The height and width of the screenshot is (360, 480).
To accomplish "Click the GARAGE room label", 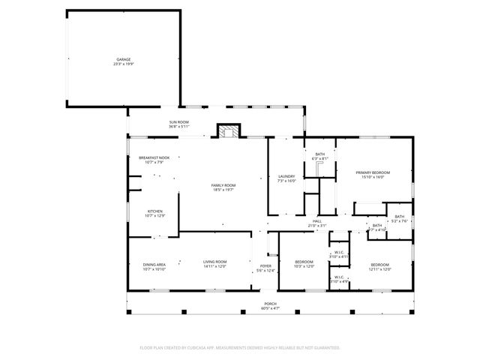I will click(x=123, y=58).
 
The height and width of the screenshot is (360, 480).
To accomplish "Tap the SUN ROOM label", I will click(x=178, y=122).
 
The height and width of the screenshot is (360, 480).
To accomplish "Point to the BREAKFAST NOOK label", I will click(x=154, y=157).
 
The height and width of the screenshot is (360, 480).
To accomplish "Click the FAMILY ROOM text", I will click(x=223, y=185).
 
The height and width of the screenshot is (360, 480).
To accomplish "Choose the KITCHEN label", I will click(x=155, y=211).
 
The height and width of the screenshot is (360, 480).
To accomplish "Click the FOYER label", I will click(x=265, y=266).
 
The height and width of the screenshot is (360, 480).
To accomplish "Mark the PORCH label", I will click(x=270, y=304).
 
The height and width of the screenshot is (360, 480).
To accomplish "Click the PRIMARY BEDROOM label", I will click(x=373, y=172).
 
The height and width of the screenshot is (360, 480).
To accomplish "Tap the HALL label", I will click(x=317, y=221).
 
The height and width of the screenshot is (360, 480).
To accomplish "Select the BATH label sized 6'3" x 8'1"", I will click(x=319, y=154).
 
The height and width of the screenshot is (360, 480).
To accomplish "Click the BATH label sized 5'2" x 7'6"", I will click(x=400, y=217).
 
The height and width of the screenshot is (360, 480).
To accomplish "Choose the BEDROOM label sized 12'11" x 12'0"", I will click(x=380, y=264).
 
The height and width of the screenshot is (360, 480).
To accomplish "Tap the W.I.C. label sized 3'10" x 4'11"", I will click(x=339, y=253).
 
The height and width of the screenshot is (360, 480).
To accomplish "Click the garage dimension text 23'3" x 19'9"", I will click(x=123, y=64).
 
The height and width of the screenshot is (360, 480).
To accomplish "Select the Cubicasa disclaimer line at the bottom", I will click(x=240, y=347).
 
